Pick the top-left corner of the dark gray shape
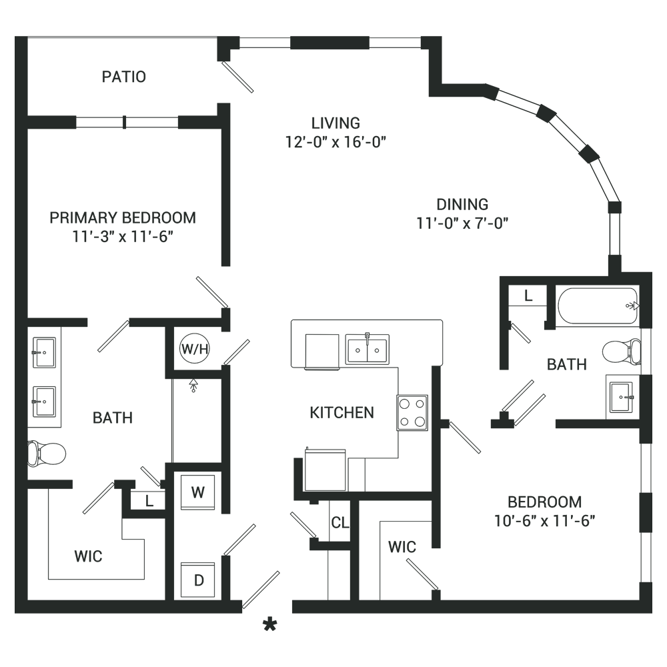(x=15, y=37)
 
